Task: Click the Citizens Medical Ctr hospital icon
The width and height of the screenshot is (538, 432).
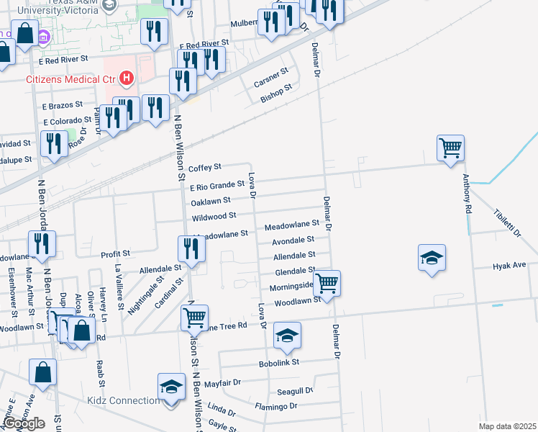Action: coord(127,77)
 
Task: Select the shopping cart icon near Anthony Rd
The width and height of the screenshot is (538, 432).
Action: coord(450,149)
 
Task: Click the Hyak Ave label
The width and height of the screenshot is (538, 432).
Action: coord(509,266)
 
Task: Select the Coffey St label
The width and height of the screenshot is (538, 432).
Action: coord(204,168)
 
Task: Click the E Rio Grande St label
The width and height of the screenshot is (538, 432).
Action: coord(217,185)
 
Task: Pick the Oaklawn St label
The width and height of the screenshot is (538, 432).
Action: coord(211,200)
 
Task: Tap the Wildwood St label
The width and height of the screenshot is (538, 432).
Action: coord(214,216)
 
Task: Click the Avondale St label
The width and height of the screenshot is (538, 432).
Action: coord(293,240)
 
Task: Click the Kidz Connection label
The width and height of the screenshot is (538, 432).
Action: coord(124,401)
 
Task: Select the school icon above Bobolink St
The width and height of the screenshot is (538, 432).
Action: coord(286,336)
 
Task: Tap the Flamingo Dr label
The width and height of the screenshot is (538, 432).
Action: coord(276,407)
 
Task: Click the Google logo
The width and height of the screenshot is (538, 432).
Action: coord(24,423)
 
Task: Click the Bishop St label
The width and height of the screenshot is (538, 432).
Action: coord(276,94)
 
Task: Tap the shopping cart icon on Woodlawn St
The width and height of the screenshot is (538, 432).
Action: coord(327,282)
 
